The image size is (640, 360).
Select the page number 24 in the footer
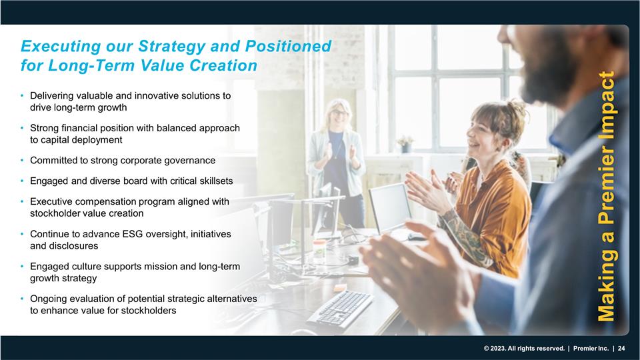[x=621, y=349]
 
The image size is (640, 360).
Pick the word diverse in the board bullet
[x=102, y=181]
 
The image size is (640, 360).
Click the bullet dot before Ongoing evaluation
[x=23, y=299]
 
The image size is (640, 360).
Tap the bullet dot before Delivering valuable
[x=23, y=96]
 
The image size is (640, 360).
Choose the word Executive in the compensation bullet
[x=51, y=202]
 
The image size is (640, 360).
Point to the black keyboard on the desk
[x=339, y=309]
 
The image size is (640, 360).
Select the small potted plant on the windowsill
[x=404, y=144]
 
